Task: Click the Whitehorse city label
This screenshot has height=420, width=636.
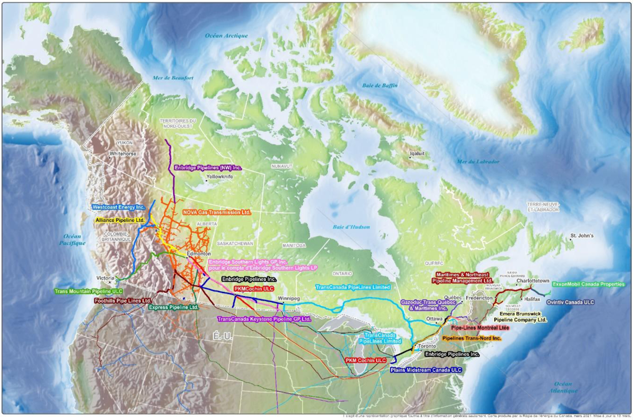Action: point(123,154)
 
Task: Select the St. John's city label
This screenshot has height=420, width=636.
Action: point(581,235)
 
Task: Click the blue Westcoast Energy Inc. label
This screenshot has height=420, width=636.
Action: point(118,207)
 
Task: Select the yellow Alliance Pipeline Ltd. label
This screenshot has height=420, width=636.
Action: point(120,220)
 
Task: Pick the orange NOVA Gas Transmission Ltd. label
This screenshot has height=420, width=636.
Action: point(216,212)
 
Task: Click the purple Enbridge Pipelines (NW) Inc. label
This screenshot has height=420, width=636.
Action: point(208,168)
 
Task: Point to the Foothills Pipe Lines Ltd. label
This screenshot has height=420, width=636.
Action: point(123,300)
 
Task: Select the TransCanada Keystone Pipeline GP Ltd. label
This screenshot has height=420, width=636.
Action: point(263,319)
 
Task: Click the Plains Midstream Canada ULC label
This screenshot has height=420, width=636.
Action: point(426,370)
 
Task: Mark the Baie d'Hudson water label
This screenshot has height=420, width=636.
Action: point(351,227)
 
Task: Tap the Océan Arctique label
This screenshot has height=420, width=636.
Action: point(226,36)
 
